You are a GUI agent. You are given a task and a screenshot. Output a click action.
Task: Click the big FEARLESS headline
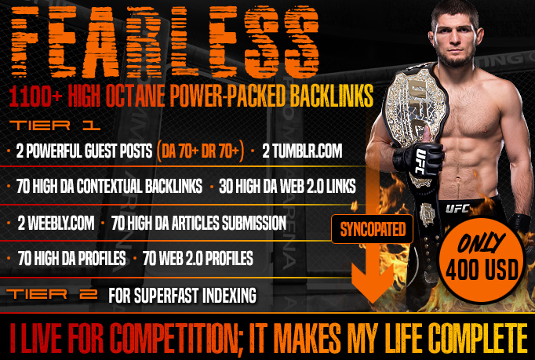tap(166, 42)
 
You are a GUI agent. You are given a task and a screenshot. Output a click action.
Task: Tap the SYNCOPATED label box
tap(373, 229)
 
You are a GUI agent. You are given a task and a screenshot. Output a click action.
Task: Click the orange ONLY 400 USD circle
tap(482, 260)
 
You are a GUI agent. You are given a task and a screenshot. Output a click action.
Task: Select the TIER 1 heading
tap(55, 125)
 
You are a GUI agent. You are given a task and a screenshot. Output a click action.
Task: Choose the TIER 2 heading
tap(52, 294)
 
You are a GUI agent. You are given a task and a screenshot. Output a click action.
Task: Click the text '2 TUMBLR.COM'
tap(302, 151)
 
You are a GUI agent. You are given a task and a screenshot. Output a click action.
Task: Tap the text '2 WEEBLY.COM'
tap(56, 224)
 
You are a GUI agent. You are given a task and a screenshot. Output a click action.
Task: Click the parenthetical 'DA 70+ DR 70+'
tap(200, 151)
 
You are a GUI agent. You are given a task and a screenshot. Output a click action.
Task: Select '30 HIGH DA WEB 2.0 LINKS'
tap(287, 187)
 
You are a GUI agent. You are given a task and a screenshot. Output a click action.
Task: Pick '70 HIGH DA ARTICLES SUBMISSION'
tap(198, 224)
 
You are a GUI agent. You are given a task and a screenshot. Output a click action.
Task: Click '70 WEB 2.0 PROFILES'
tap(198, 258)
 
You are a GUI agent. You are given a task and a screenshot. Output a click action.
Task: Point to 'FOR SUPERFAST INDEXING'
tap(182, 295)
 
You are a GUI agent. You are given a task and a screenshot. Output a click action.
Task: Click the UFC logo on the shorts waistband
tap(457, 208)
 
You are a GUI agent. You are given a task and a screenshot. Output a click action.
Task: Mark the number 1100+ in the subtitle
tap(36, 96)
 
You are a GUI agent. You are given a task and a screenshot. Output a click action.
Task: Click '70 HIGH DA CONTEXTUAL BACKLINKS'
tap(109, 187)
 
